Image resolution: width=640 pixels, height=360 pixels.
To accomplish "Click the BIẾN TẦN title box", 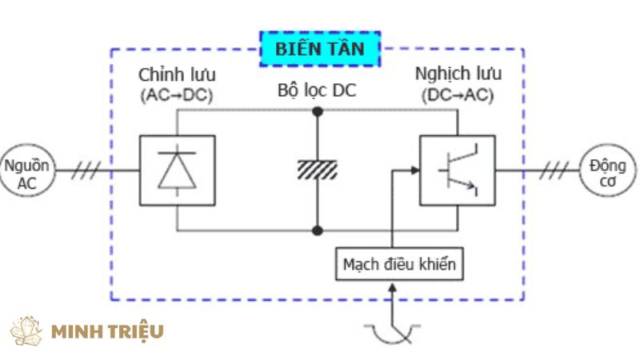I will pos(320,48).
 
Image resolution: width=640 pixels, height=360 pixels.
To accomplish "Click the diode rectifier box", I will pos(177,170).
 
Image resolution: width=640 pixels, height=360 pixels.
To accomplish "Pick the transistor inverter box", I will pos(457,170).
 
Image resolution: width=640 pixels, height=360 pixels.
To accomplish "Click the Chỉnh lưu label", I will pos(177,75).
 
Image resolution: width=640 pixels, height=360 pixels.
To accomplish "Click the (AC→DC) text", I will pos(177,95).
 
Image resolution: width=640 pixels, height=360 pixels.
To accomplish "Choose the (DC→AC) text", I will pos(458,95).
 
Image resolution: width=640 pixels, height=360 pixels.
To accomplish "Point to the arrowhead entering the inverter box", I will pos(414,170).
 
